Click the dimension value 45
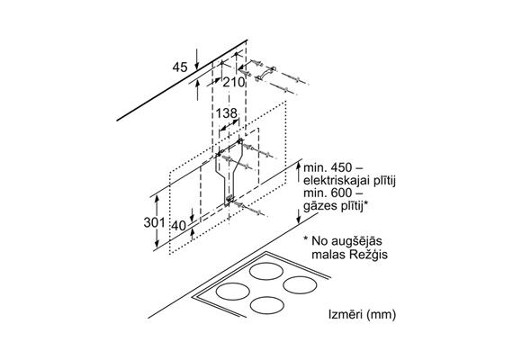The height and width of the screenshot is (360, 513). pyautogui.click(x=180, y=67)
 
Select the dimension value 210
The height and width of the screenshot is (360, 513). pyautogui.click(x=234, y=82)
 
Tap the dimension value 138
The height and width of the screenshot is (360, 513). pyautogui.click(x=226, y=113)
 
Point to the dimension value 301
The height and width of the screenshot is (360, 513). pyautogui.click(x=155, y=222)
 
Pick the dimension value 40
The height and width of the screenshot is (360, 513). pyautogui.click(x=179, y=226)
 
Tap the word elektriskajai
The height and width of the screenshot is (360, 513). pyautogui.click(x=337, y=181)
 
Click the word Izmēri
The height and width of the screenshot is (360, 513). pyautogui.click(x=346, y=314)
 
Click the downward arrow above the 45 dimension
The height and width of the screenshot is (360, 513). pyautogui.click(x=197, y=59)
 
